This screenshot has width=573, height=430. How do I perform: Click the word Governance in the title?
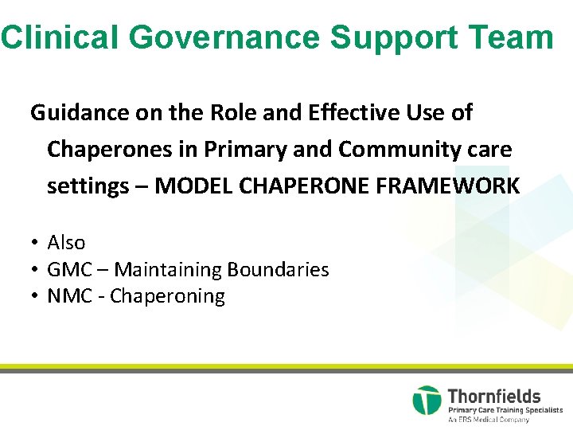pos(223,37)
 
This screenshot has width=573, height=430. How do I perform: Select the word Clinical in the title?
pos(60,37)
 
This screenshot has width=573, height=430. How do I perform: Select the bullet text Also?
pos(66,243)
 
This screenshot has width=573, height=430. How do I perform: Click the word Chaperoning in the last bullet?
pos(167,297)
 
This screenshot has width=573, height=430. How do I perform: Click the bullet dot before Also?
pos(36,243)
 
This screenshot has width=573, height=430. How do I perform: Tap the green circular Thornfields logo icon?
pos(427,401)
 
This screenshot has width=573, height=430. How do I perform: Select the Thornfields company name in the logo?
pos(494,396)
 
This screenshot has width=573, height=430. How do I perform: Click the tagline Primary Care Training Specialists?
pos(505,410)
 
